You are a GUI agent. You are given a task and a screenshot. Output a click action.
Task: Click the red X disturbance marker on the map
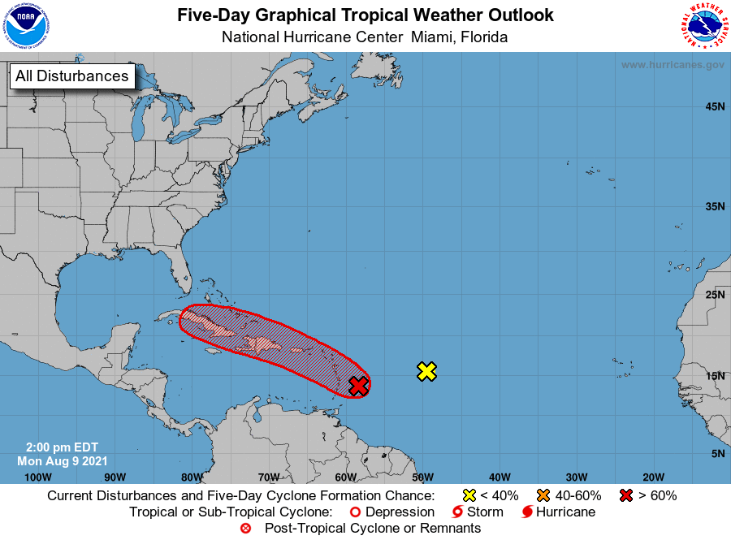[358, 386]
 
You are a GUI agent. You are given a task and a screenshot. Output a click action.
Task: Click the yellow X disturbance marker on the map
[427, 371]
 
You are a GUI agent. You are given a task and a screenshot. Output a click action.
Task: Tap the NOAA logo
[26, 28]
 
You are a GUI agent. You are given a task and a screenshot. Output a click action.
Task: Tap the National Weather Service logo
[703, 28]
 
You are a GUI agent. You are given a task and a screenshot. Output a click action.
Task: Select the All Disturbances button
[71, 76]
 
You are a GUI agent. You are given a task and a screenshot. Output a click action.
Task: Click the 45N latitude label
[715, 106]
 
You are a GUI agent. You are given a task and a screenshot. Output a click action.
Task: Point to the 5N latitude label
[718, 453]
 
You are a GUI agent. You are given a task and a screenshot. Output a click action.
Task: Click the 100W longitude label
[38, 477]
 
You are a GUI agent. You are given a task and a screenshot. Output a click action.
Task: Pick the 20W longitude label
[654, 477]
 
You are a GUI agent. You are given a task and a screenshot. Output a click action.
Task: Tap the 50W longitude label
[422, 477]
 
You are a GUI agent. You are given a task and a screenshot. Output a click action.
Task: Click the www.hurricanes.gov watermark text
[673, 64]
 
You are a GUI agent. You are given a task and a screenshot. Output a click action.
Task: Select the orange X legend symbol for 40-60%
[543, 495]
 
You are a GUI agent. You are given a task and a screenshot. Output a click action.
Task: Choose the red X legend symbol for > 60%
[625, 495]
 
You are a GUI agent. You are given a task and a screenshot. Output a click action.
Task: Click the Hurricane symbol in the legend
[527, 512]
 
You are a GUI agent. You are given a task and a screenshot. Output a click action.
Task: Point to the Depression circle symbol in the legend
[354, 512]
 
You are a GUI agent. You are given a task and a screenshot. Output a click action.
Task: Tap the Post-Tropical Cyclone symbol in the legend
[244, 529]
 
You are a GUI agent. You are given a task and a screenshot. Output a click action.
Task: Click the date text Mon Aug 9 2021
[58, 460]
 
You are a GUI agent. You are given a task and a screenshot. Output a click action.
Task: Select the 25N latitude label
[715, 294]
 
